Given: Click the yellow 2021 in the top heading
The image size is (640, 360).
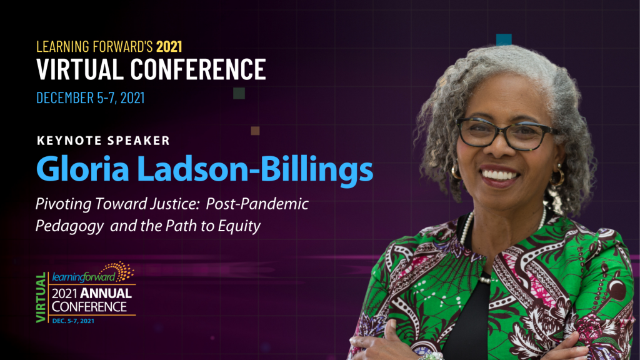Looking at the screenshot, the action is [x=169, y=46].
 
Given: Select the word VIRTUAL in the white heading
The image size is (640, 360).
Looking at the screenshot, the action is [x=80, y=69].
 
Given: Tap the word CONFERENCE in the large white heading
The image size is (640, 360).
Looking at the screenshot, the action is [x=198, y=69].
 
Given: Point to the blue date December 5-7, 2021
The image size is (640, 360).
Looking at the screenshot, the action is [x=90, y=98].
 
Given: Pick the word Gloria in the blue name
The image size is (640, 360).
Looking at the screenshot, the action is [x=83, y=169].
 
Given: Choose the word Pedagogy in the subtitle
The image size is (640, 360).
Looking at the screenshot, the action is [x=69, y=226].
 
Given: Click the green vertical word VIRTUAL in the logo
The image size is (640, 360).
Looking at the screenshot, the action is [x=41, y=297].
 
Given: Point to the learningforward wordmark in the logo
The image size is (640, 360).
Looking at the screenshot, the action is [x=84, y=277].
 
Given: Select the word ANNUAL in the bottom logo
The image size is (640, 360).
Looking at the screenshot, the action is [x=106, y=294].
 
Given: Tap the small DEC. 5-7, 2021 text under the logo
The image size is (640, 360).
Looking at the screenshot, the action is [x=73, y=321].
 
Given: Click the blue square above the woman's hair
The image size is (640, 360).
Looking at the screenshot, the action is [x=504, y=39].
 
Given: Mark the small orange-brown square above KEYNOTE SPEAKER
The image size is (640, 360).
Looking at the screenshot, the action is [x=255, y=131].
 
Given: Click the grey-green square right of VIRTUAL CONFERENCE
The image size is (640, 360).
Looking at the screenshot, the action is [x=239, y=93].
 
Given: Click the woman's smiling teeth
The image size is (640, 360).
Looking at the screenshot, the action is [x=499, y=176].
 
